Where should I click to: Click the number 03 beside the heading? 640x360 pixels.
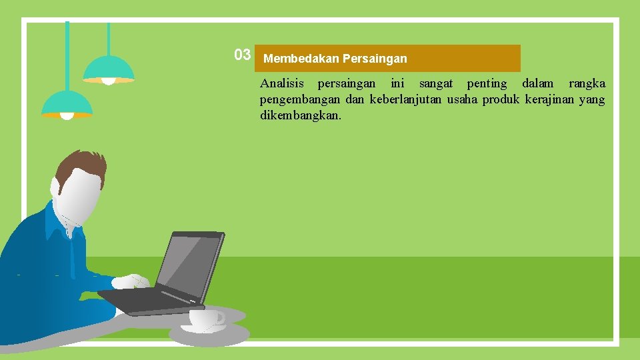click(242, 55)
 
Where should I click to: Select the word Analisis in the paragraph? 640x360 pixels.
click(281, 84)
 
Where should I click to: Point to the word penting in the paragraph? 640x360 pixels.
click(487, 84)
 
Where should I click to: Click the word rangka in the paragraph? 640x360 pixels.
click(587, 84)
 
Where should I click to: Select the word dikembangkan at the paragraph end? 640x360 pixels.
click(300, 116)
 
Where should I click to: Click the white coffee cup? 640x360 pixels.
click(204, 319)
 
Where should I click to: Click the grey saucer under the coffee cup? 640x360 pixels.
click(209, 333)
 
